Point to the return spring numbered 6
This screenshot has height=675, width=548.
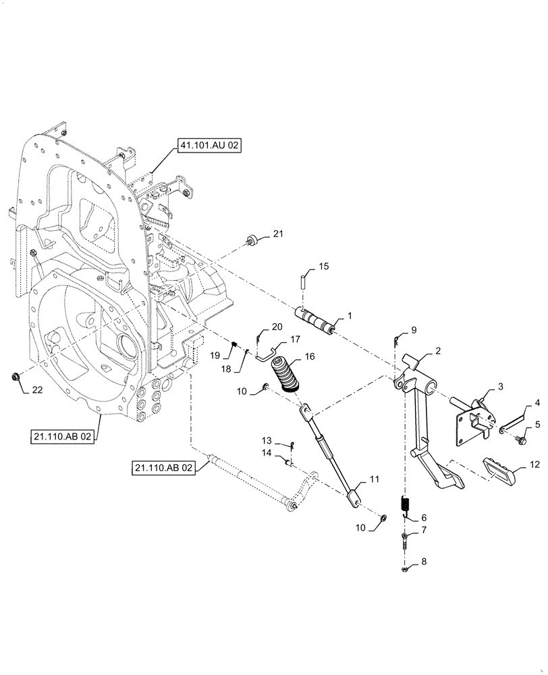(x=406, y=504)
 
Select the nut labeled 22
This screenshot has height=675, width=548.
(x=17, y=375)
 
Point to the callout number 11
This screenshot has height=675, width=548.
(x=374, y=479)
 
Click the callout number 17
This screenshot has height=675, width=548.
(x=295, y=340)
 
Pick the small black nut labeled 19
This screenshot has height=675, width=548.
(x=234, y=346)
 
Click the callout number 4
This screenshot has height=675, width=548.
(x=537, y=403)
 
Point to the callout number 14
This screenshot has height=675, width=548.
(x=267, y=454)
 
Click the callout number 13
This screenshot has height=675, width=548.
(x=267, y=439)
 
